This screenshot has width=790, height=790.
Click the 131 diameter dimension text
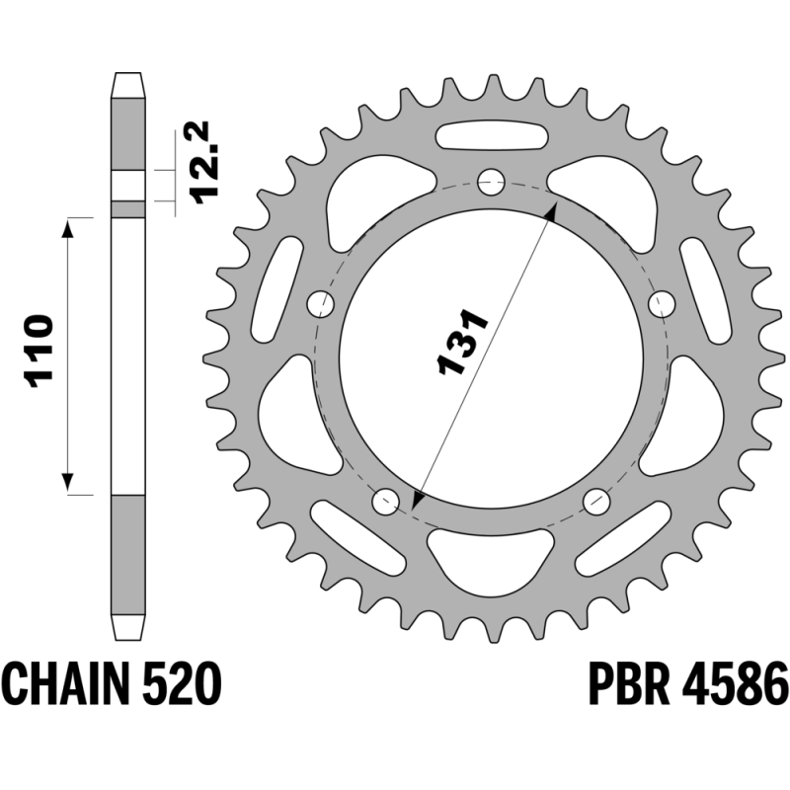(462, 342)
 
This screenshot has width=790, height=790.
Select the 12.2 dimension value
(200, 162)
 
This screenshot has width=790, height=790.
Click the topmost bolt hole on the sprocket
(491, 182)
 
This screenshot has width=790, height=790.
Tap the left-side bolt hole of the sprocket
(320, 304)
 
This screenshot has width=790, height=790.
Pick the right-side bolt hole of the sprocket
(662, 304)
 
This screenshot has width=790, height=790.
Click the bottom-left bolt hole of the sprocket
(385, 501)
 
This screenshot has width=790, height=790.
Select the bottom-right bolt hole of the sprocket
(596, 501)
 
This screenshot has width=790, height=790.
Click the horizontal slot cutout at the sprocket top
(491, 135)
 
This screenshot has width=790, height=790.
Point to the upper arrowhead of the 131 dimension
(551, 212)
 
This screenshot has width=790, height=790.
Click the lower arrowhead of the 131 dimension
(417, 501)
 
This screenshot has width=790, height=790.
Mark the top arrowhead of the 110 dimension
(67, 228)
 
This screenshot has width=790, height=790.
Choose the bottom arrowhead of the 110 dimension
(67, 484)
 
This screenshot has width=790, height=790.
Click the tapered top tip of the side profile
(128, 85)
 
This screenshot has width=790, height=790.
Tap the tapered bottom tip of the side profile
(128, 627)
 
